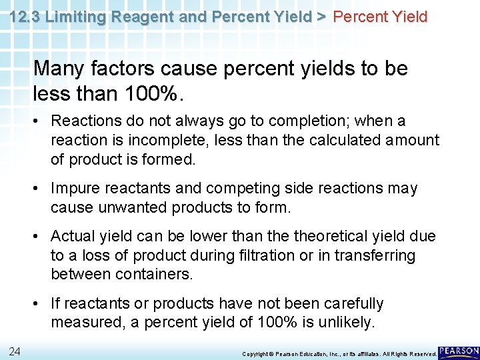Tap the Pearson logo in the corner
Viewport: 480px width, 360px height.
(x=459, y=351)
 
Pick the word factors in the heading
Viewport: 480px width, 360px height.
(x=127, y=69)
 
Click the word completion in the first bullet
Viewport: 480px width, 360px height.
(x=313, y=121)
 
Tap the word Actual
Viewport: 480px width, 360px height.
(x=73, y=237)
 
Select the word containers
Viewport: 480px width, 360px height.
(x=154, y=273)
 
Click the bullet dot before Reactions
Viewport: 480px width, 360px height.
(x=40, y=122)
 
